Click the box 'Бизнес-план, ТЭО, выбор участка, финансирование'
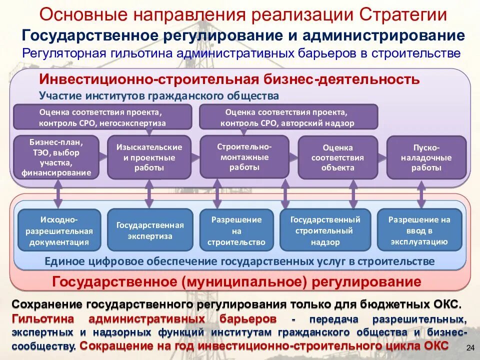[x=56, y=157]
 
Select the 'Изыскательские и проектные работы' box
[x=149, y=157]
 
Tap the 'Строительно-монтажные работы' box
[x=244, y=157]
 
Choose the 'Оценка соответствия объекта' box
[x=337, y=157]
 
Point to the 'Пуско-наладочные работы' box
[x=425, y=157]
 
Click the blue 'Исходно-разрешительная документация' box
[x=59, y=230]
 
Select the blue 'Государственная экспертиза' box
[x=150, y=230]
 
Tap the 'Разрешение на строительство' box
[x=236, y=230]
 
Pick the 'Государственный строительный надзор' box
[x=325, y=230]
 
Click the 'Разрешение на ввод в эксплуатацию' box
[x=419, y=230]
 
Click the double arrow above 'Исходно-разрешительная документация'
[x=57, y=193]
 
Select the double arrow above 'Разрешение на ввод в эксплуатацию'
[x=421, y=193]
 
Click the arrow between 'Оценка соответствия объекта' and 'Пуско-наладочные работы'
[x=381, y=156]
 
